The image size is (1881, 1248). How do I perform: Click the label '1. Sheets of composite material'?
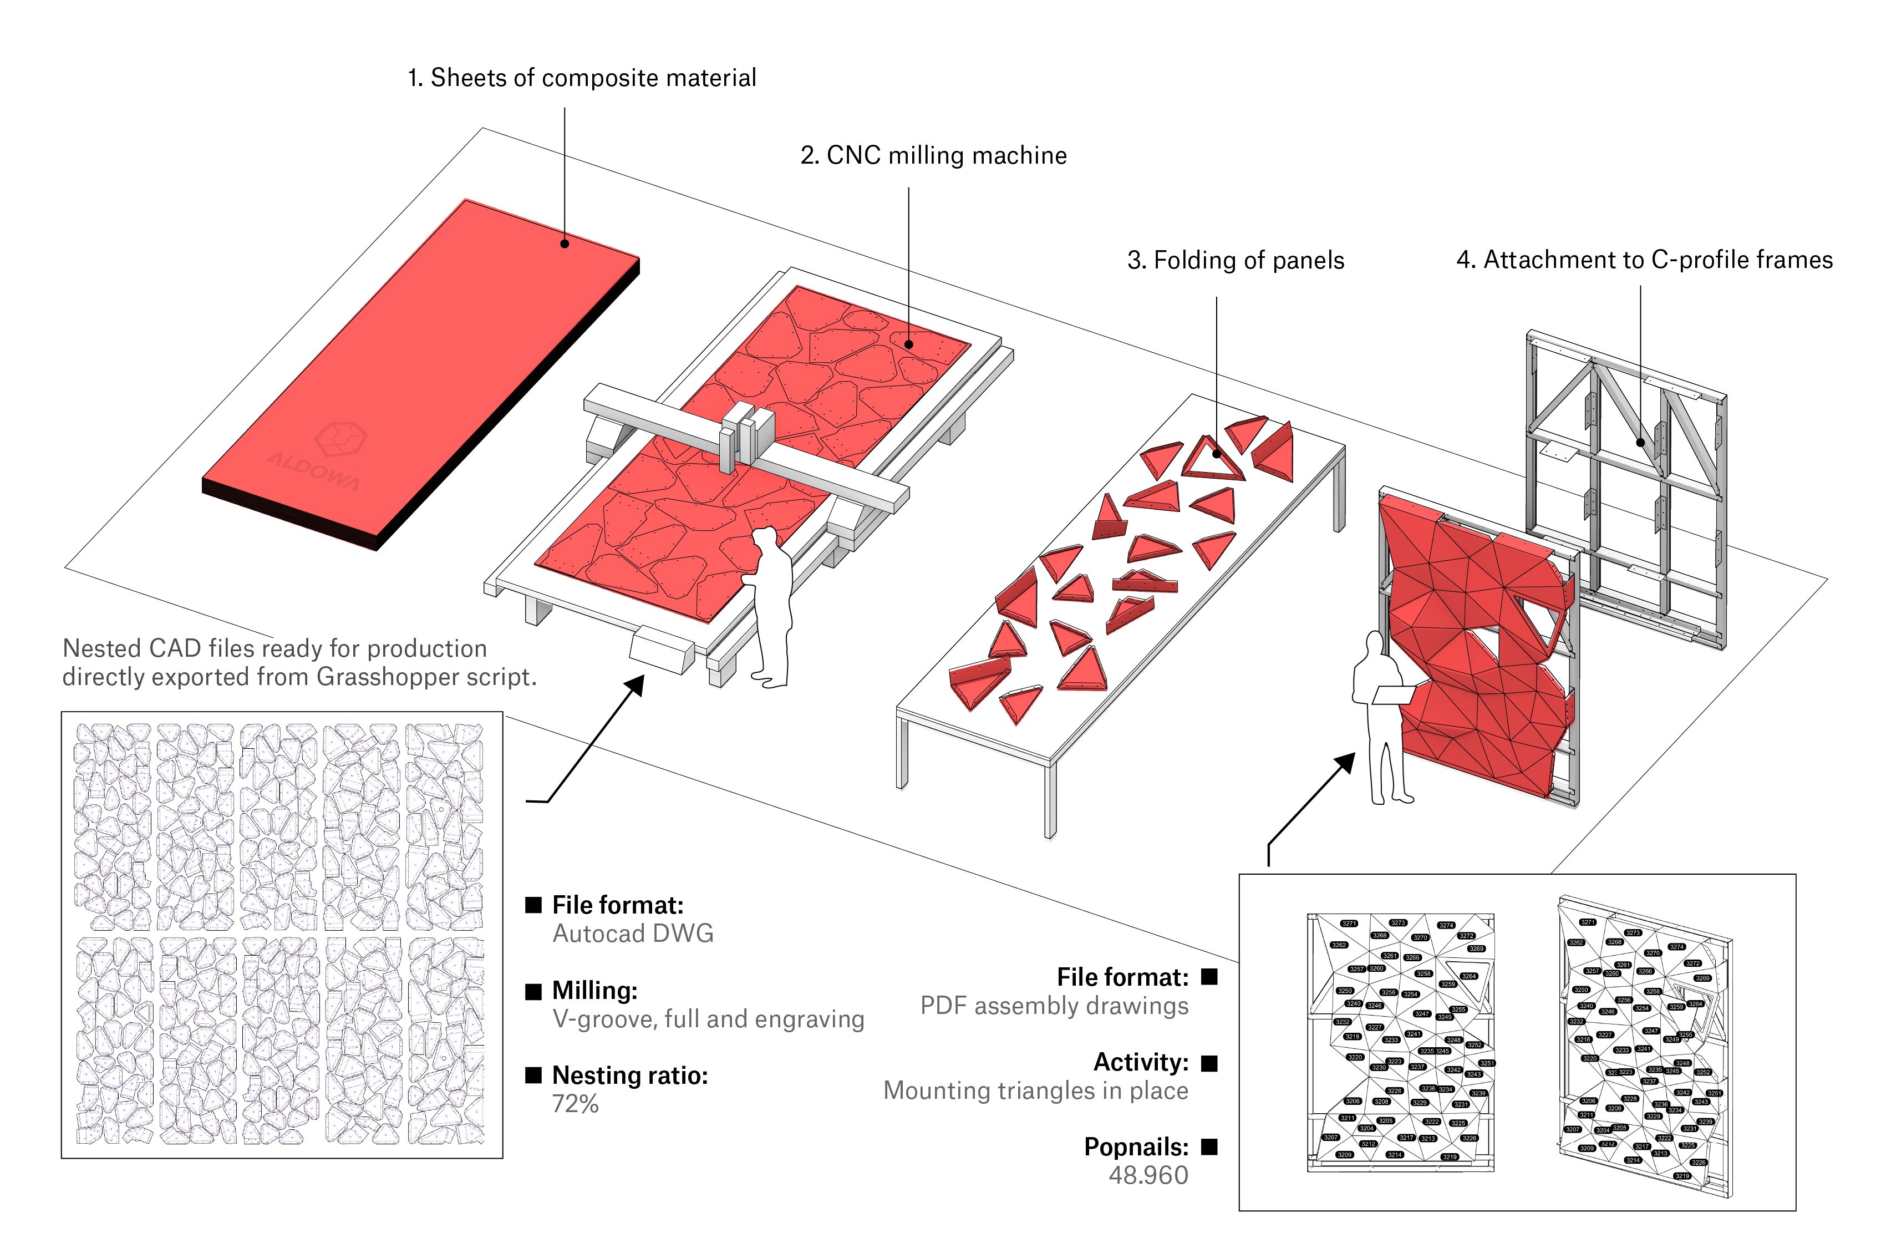582,78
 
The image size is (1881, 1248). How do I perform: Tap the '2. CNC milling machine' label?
933,155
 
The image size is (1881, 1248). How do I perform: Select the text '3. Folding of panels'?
1235,260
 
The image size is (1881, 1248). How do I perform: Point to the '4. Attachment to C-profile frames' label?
1644,260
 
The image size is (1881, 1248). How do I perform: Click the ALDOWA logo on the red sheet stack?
326,454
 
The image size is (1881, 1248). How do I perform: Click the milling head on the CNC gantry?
746,434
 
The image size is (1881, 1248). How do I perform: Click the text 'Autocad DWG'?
633,934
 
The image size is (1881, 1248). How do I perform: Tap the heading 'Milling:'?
595,991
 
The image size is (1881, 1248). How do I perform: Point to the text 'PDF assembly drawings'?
1054,1006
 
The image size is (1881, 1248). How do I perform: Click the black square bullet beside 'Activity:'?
1209,1063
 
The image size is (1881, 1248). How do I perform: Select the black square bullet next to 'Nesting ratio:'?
533,1075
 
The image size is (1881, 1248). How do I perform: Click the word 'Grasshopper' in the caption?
387,677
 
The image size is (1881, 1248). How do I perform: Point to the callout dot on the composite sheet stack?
564,243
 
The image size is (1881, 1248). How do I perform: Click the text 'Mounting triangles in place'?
1035,1090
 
